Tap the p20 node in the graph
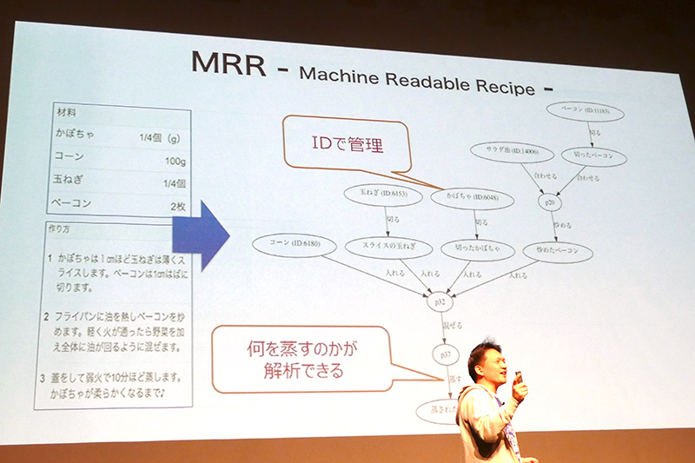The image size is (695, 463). [549, 203]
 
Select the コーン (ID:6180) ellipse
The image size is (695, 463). [295, 244]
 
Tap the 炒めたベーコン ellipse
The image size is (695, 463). [558, 251]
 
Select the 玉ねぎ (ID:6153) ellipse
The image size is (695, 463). [383, 193]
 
